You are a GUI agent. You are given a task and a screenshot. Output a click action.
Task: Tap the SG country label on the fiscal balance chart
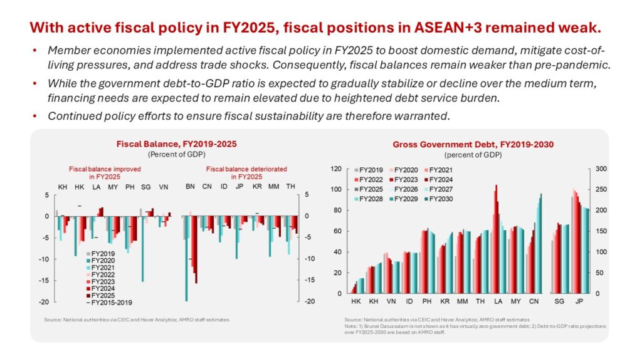[145, 187]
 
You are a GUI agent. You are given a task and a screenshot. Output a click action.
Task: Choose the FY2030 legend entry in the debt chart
[439, 199]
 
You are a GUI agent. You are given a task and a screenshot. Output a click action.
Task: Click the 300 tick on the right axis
[601, 169]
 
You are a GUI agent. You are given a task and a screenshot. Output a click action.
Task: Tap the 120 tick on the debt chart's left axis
[337, 169]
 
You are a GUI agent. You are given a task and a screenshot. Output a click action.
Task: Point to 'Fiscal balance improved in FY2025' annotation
[105, 172]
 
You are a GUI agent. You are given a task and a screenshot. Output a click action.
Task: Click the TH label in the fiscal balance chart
[290, 187]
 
